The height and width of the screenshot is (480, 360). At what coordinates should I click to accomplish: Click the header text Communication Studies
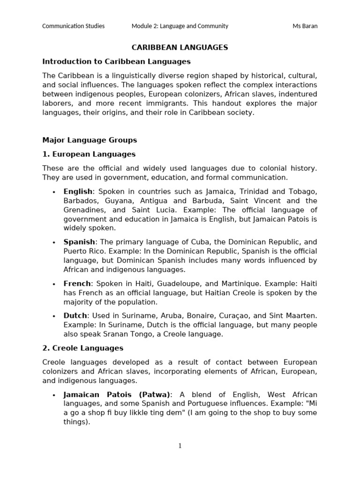[x=74, y=26]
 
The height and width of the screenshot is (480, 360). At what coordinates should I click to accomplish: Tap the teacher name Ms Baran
[x=305, y=26]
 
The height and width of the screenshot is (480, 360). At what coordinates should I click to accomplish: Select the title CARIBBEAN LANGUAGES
[x=180, y=47]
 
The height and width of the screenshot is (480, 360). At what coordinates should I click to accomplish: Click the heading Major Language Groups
[x=90, y=140]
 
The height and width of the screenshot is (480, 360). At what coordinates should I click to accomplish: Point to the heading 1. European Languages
[x=89, y=154]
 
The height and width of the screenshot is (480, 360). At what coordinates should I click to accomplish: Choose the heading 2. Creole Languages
[x=82, y=348]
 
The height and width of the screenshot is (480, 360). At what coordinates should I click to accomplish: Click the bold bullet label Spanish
[x=79, y=242]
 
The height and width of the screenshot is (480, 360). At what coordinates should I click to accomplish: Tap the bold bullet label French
[x=77, y=284]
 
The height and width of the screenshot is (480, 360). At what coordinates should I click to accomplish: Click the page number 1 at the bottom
[x=180, y=446]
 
